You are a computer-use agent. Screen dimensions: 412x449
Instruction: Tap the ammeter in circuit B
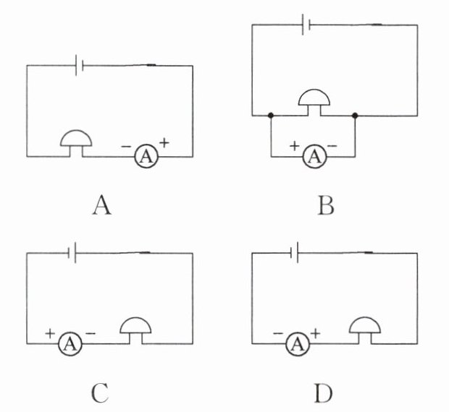pos(313,155)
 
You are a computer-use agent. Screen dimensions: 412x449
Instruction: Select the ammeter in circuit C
pos(70,344)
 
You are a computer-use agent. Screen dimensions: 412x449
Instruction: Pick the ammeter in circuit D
pos(295,344)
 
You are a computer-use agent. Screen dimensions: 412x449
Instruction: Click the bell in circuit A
pos(75,141)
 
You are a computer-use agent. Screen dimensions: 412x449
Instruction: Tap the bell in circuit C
pos(135,330)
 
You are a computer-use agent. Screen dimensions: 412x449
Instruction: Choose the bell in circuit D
pos(364,330)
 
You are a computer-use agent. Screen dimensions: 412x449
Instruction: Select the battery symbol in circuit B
pos(307,25)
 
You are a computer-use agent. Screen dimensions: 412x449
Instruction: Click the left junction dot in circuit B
pos(270,115)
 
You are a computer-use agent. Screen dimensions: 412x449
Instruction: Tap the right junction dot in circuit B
pos(355,115)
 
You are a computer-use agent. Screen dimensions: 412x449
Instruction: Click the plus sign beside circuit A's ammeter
pos(164,142)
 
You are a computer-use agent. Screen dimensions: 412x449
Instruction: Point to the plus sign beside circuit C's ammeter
pos(50,333)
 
